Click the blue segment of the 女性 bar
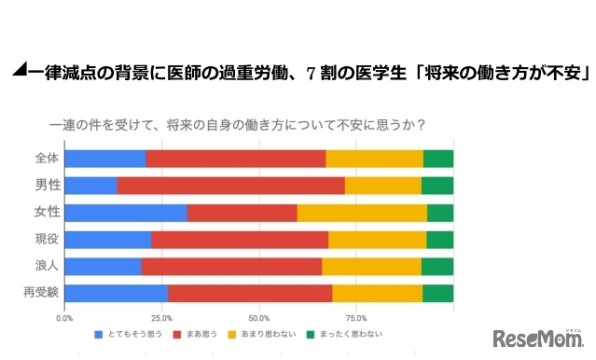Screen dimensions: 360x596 coord(126,213)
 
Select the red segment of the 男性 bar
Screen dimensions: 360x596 coord(231,186)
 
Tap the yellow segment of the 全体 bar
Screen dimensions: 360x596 coord(374,159)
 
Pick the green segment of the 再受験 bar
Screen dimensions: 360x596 coord(437,294)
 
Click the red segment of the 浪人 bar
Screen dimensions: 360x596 coord(231,267)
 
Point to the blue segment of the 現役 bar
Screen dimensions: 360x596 coord(108,240)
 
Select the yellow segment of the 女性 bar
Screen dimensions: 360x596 coord(362,213)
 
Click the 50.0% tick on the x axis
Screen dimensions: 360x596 coord(259,318)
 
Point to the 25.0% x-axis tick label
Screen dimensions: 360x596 coord(161,318)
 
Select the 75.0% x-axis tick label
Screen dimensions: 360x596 coord(356,318)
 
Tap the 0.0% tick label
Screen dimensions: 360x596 coord(65,318)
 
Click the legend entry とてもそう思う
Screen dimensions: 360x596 coord(135,334)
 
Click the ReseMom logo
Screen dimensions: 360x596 coord(535,338)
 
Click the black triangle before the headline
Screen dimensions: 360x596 coord(18,71)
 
